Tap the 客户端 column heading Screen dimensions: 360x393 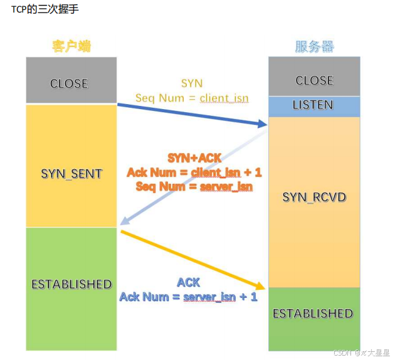point(71,47)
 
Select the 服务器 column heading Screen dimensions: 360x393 point(314,47)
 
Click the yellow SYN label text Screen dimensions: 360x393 point(191,83)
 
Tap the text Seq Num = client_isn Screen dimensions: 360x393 point(191,98)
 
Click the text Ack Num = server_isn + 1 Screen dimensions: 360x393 point(188,297)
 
